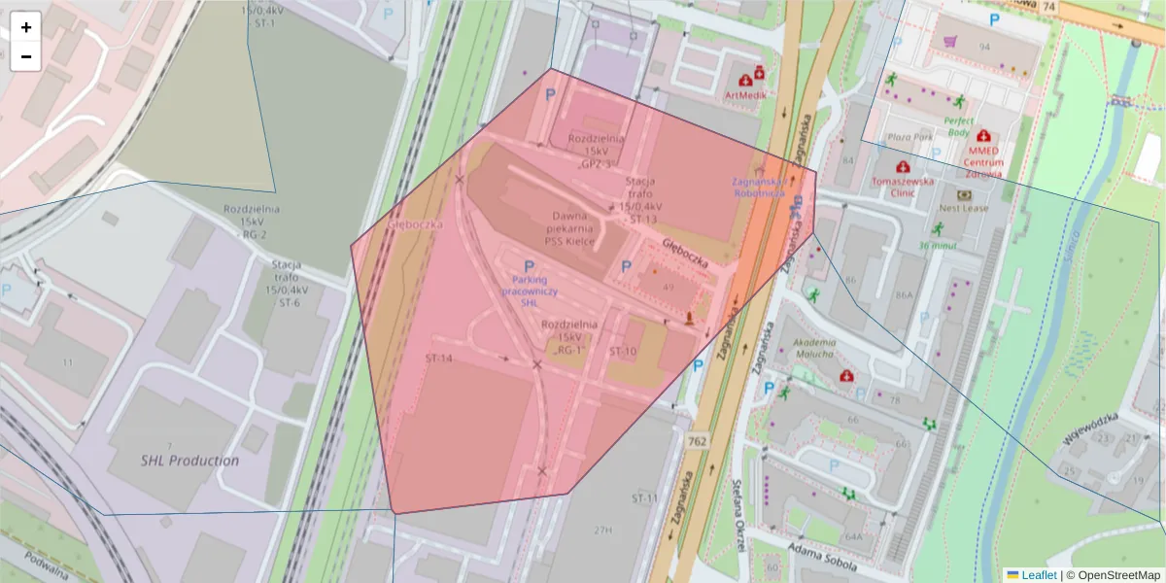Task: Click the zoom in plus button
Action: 26,27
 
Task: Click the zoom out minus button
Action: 26,56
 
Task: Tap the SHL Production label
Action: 189,461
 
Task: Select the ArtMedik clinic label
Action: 745,95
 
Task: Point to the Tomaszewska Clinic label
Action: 905,187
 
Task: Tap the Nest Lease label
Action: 963,208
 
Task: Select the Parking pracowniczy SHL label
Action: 529,291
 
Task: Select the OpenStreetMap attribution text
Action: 1116,575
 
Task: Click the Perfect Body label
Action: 958,126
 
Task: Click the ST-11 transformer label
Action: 644,498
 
